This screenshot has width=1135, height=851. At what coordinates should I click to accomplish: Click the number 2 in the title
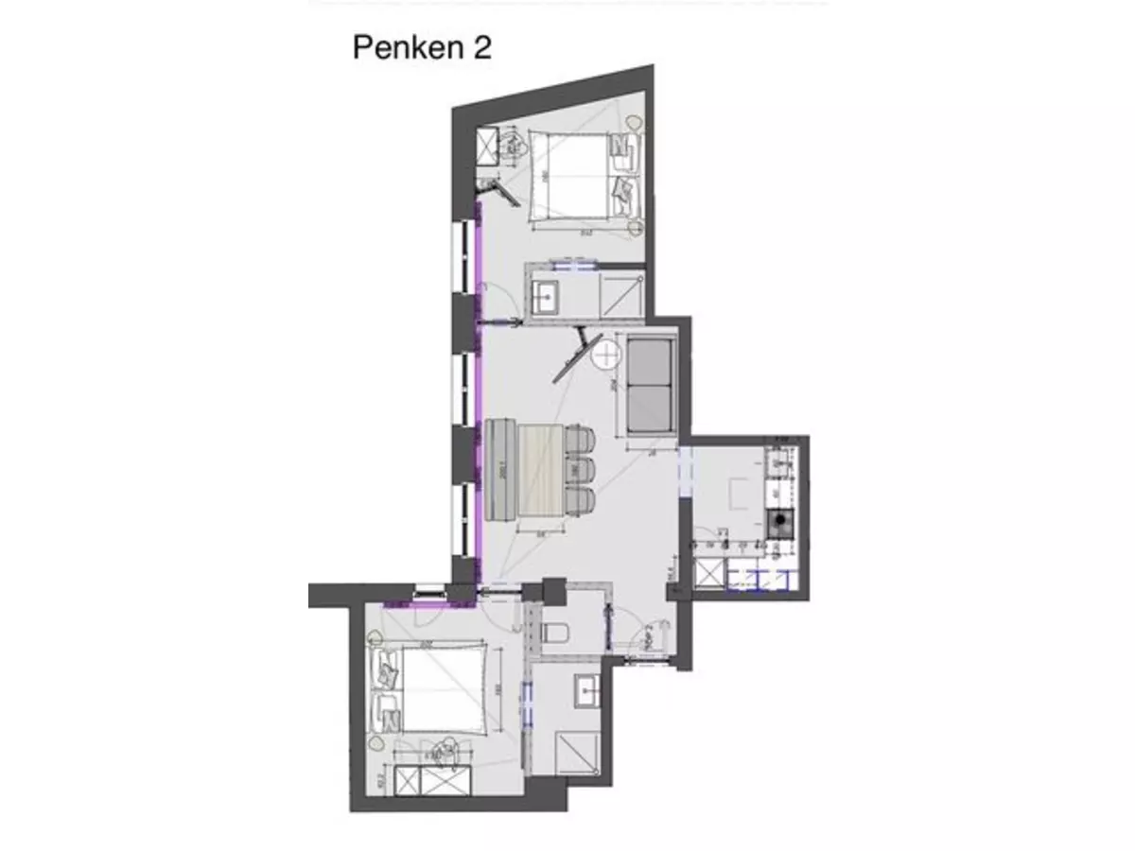(482, 48)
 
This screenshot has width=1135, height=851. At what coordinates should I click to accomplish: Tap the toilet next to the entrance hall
(557, 633)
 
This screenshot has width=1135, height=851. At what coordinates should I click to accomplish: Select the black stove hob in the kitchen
(779, 522)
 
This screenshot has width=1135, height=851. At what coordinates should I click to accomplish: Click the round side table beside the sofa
(603, 356)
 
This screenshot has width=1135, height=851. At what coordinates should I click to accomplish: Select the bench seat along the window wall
(498, 469)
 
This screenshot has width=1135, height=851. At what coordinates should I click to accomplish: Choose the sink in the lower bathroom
(587, 690)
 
